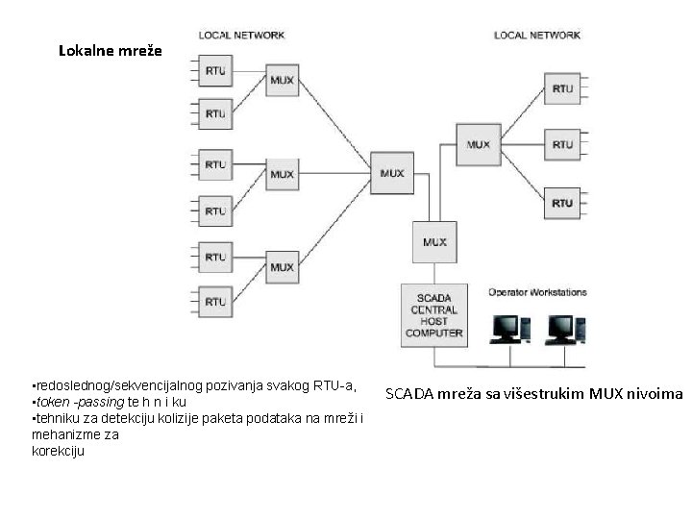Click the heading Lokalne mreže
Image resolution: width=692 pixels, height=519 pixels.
(111, 49)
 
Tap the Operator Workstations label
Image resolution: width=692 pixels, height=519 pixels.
(537, 292)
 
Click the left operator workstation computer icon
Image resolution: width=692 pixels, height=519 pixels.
(509, 330)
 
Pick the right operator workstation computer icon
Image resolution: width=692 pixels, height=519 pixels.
(564, 330)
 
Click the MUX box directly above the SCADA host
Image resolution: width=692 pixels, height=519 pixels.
(434, 242)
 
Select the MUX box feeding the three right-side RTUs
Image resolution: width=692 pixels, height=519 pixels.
(478, 145)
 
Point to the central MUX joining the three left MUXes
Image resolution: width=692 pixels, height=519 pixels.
(392, 174)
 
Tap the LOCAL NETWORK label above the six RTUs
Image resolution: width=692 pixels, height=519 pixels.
(241, 36)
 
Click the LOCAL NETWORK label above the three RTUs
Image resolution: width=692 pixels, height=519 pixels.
(537, 36)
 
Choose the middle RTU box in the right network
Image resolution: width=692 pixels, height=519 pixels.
(562, 145)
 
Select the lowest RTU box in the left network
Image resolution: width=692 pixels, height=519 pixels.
(215, 302)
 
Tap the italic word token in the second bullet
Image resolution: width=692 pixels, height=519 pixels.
(49, 402)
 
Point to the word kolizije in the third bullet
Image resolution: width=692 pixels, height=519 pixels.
(176, 418)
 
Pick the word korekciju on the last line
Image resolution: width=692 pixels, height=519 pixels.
(58, 450)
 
